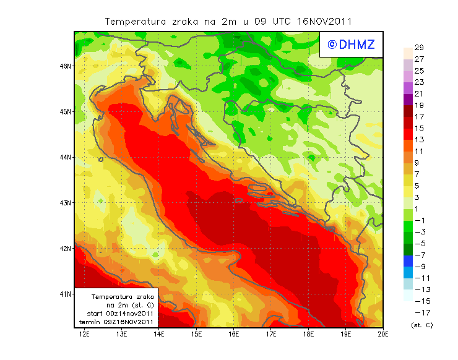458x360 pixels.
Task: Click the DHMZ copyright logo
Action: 351,44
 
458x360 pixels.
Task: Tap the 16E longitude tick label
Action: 234,334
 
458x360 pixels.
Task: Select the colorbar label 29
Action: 419,48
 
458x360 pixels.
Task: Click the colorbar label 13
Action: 419,139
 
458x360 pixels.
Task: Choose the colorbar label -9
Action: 420,266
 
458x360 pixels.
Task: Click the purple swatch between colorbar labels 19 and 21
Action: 407,100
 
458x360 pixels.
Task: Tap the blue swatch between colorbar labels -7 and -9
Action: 407,260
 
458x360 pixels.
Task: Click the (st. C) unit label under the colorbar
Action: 422,325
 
